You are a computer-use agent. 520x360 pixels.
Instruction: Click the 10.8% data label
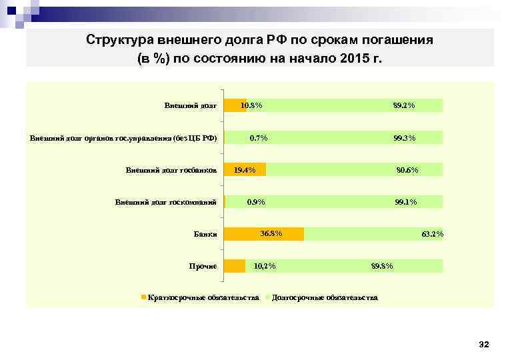251,105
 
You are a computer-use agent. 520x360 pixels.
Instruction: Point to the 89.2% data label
404,105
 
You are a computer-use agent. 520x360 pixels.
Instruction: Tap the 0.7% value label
259,138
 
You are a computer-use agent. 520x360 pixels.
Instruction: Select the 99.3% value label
404,138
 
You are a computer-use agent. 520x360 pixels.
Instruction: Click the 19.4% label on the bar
245,170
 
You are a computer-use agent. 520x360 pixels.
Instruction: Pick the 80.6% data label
407,170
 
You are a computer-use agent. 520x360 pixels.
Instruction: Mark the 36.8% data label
271,233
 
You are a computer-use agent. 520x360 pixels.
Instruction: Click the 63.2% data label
432,234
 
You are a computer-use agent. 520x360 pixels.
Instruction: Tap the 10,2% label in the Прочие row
265,267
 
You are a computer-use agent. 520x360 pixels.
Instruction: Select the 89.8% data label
382,267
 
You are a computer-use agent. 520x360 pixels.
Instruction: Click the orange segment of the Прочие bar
235,266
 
